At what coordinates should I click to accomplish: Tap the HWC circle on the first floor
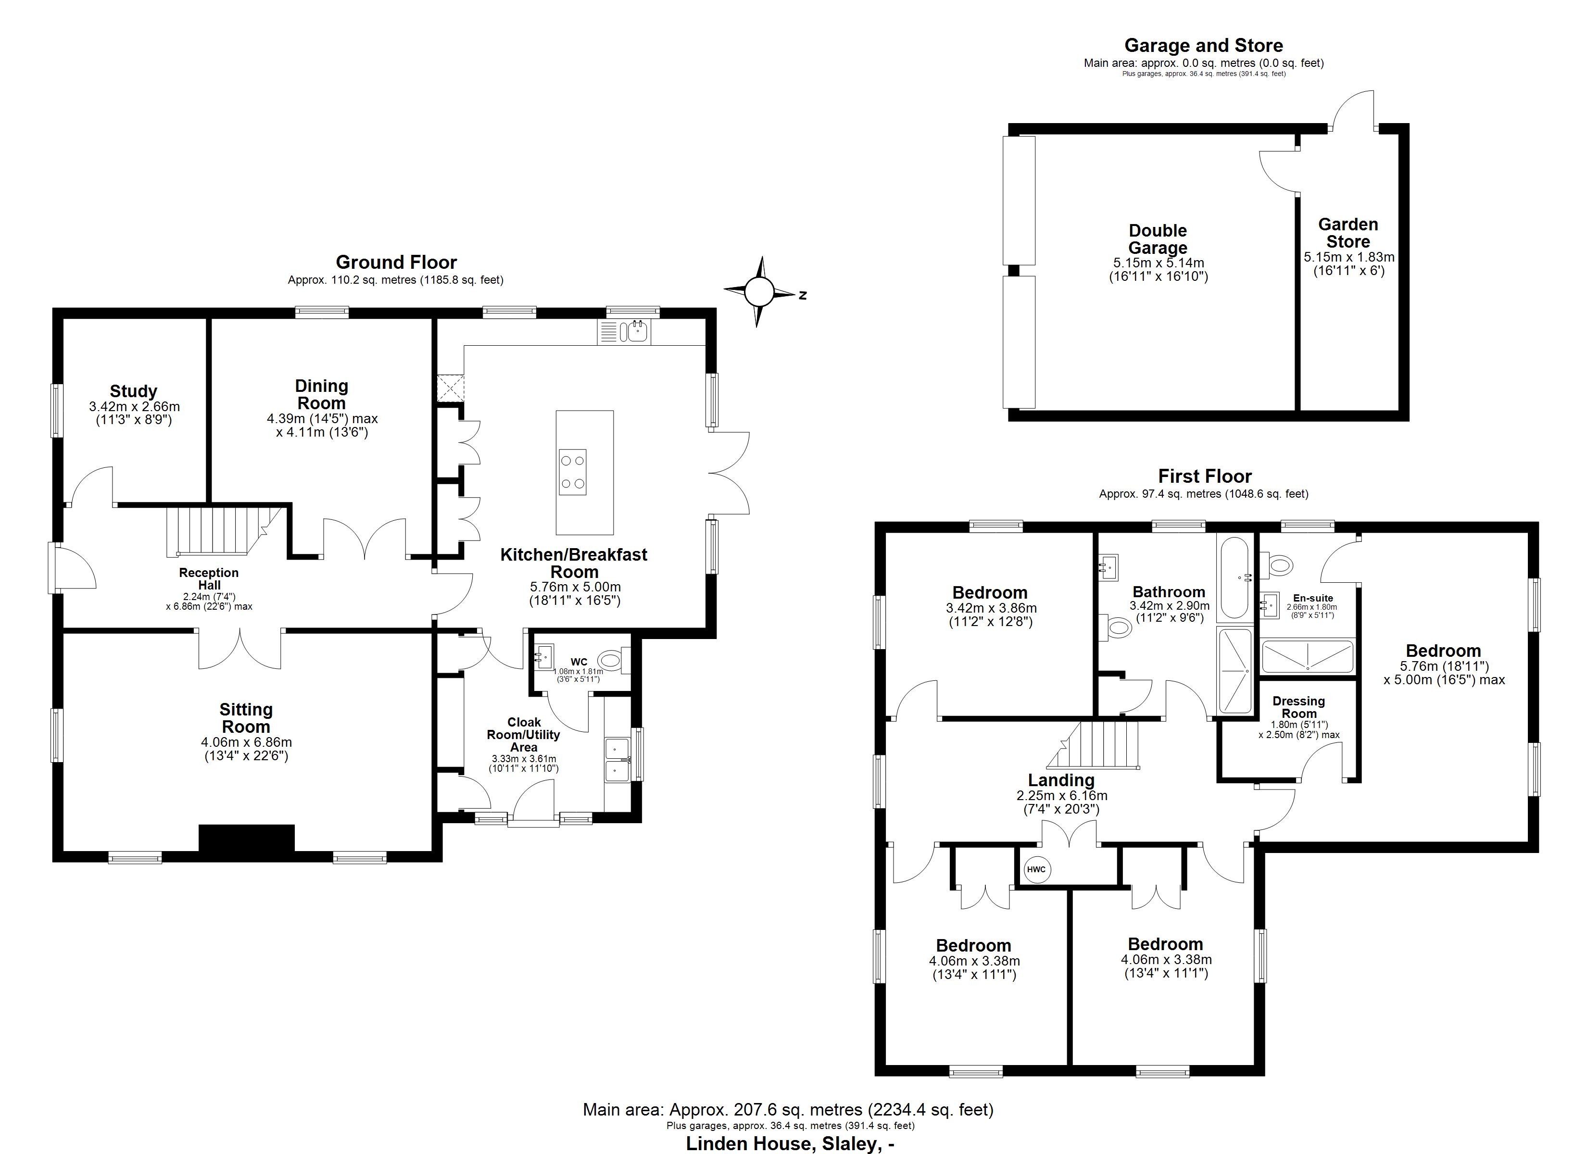click(1036, 870)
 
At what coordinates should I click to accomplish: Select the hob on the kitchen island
click(572, 472)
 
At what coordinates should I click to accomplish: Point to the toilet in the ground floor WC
click(611, 659)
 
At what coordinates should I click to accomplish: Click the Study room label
click(133, 391)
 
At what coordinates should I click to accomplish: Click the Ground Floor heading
click(396, 263)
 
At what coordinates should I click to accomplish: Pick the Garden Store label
click(1348, 233)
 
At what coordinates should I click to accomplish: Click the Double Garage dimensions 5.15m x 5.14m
click(1159, 263)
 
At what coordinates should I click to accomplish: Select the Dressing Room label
click(1299, 707)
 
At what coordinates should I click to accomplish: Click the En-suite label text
click(1313, 598)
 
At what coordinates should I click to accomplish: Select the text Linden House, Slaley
click(789, 1143)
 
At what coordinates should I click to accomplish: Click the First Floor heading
click(1204, 477)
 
